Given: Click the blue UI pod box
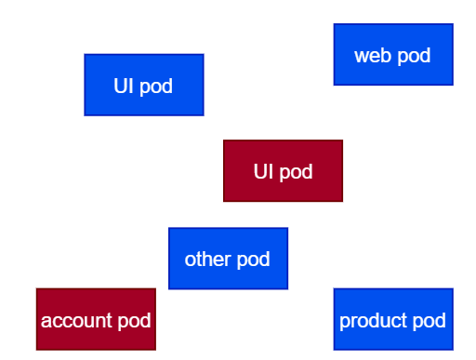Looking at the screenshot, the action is (x=144, y=85).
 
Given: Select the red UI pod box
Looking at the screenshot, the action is (x=283, y=171).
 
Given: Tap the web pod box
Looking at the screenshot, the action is (x=393, y=54).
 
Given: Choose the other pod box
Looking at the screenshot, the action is (x=228, y=259).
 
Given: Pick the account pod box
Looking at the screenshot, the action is (x=96, y=319).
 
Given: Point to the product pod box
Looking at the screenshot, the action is (x=393, y=319).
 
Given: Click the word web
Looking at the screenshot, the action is (x=373, y=56).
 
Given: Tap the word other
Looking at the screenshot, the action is (x=208, y=259).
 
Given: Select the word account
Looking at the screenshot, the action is (x=76, y=320).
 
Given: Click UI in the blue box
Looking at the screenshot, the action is (x=124, y=86).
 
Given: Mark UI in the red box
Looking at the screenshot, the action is (x=263, y=171).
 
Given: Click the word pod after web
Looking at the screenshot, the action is (x=414, y=57).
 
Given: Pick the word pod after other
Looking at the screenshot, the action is (x=253, y=260).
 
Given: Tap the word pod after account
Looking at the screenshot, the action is (x=134, y=321).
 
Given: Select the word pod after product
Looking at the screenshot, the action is (x=430, y=321).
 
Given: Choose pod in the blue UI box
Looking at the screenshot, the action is (x=156, y=87).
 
